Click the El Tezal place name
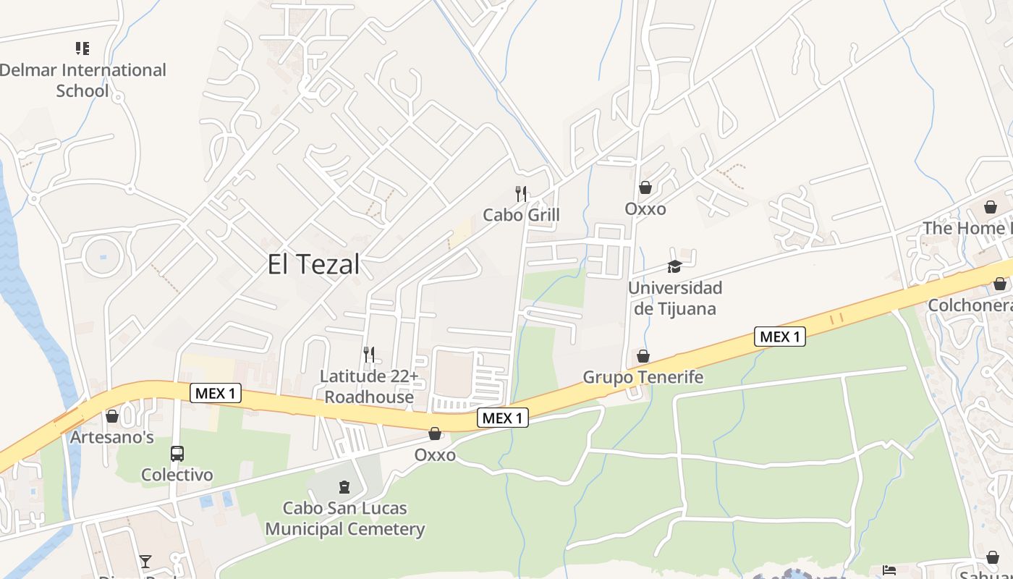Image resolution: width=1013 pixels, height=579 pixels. (x=313, y=264)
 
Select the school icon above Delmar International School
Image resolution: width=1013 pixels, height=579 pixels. (x=82, y=48)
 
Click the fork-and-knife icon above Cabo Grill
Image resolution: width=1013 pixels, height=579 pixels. (x=520, y=193)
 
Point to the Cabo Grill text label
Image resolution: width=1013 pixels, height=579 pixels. (x=521, y=215)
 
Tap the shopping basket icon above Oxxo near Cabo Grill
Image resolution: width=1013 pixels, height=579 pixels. (x=645, y=187)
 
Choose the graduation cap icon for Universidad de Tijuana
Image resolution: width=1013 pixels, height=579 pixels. (x=674, y=266)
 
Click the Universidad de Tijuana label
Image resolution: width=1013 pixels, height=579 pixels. (x=674, y=298)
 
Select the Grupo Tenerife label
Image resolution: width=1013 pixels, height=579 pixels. (x=643, y=377)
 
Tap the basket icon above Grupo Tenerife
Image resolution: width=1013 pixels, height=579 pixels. (x=643, y=356)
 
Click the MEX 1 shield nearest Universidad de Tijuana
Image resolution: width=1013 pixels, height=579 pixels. (x=779, y=337)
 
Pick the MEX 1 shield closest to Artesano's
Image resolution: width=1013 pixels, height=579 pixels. (x=216, y=394)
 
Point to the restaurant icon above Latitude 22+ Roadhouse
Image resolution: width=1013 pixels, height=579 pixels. (x=369, y=354)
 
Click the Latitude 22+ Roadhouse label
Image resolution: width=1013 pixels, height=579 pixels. (x=369, y=386)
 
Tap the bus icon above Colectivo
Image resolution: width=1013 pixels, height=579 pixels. (x=177, y=454)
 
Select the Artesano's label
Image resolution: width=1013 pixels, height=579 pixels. (x=112, y=437)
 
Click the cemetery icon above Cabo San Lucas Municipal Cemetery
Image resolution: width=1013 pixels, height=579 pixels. (x=344, y=487)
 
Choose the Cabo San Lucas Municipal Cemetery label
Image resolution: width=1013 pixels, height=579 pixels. (x=344, y=518)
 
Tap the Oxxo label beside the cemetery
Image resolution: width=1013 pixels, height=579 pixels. (x=435, y=455)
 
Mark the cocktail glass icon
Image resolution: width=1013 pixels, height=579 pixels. (x=145, y=561)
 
